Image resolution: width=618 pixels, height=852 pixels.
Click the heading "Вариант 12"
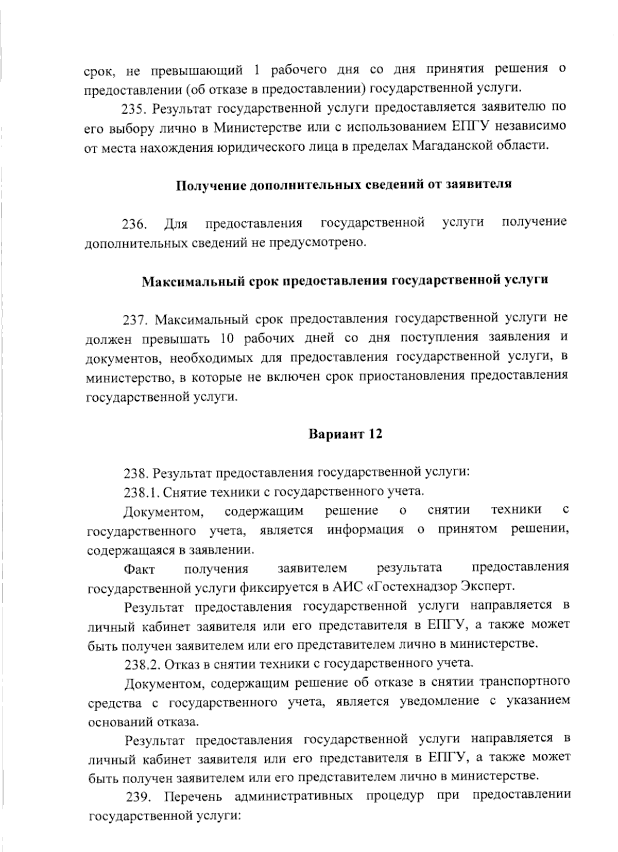click(346, 434)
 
